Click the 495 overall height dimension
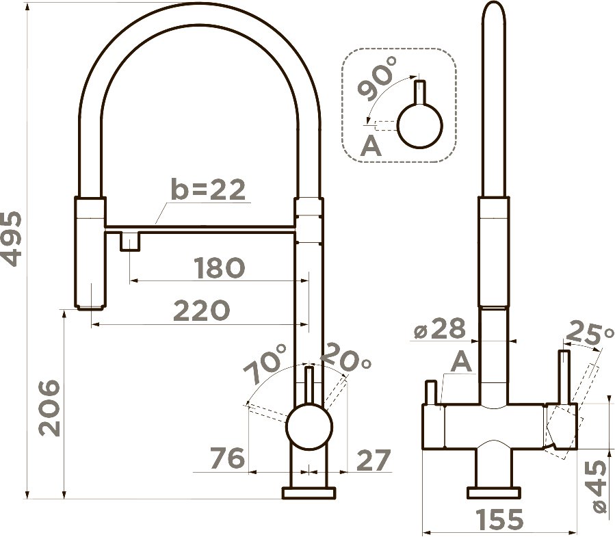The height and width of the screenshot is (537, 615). point(10,239)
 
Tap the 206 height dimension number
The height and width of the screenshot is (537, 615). point(50,408)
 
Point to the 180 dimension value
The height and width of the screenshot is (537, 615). point(220,268)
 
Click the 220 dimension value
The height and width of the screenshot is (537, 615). point(201,311)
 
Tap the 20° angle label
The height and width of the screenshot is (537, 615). point(346,358)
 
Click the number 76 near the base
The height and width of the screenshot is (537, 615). point(228,458)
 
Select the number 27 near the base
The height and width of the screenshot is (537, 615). point(374,460)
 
